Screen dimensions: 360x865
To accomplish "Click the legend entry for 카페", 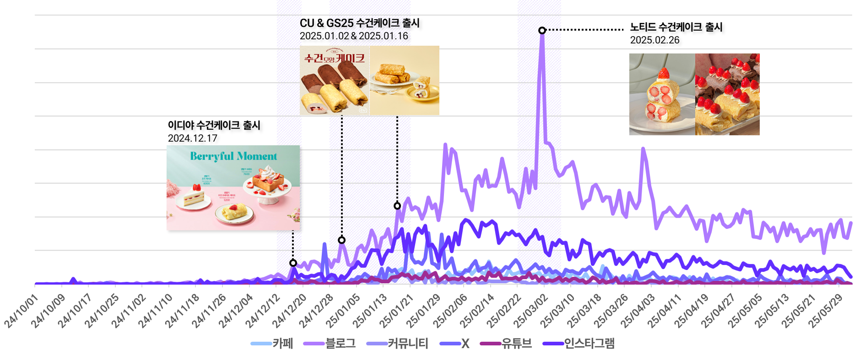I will (272, 344).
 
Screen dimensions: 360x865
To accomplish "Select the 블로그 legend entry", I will (330, 344).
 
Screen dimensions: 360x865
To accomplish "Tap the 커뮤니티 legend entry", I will (398, 344).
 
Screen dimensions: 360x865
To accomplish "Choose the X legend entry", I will (454, 344).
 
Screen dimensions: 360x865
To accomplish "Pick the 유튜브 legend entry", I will (506, 344).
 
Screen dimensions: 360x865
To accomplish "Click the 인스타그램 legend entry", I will (578, 344).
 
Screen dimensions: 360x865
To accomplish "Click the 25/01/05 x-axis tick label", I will (343, 311).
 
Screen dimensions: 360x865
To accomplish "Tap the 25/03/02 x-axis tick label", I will (531, 311).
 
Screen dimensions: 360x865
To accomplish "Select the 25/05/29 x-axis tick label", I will (826, 311).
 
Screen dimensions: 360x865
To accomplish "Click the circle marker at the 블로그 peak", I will (542, 30).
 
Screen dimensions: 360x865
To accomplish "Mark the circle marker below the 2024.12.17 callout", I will (293, 263).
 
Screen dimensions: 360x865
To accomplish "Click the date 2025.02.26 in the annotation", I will (654, 40).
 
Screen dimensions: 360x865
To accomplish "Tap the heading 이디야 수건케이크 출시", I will (214, 125).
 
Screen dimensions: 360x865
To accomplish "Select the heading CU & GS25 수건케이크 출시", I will (359, 23).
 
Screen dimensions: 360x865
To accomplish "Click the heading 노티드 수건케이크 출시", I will (676, 27).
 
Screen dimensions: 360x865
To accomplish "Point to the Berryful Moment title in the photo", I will (233, 156).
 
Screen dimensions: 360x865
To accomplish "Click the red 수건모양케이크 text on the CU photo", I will (335, 58).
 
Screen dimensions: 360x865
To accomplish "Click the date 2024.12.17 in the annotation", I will (192, 138).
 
